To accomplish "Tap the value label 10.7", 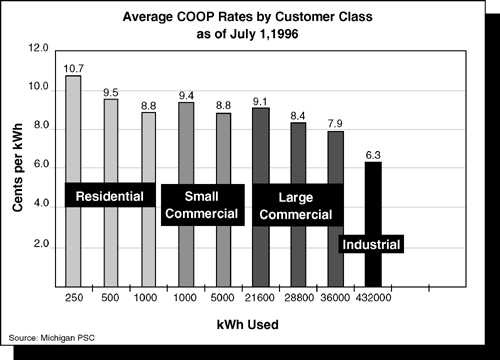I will point(73,69).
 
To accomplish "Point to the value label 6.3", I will point(373,154).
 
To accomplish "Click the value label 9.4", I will point(186,95).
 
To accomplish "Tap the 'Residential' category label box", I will point(110,195).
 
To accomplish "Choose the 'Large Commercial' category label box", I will point(296,204).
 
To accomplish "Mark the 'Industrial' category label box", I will point(371,245).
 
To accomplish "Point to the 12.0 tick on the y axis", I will point(38,48).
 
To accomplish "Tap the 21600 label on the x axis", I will point(260,297).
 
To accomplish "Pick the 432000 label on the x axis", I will point(373,297).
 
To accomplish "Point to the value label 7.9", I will point(336,123).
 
